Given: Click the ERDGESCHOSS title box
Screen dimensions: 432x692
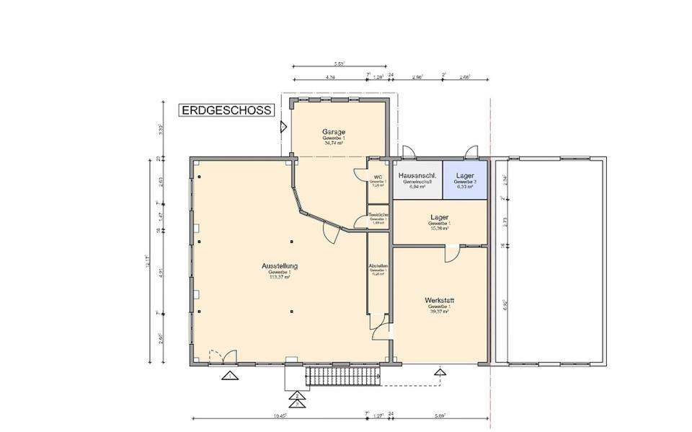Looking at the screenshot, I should [x=226, y=110].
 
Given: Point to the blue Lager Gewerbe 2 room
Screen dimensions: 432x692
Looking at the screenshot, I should [x=465, y=179].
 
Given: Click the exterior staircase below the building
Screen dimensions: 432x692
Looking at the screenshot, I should [x=342, y=374].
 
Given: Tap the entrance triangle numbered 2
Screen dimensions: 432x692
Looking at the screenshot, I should [x=297, y=395].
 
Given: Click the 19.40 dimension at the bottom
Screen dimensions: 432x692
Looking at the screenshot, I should [x=280, y=416].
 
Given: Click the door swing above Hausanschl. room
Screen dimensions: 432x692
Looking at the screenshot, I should [x=407, y=151].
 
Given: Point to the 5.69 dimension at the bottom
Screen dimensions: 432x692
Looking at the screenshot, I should [x=439, y=416].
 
